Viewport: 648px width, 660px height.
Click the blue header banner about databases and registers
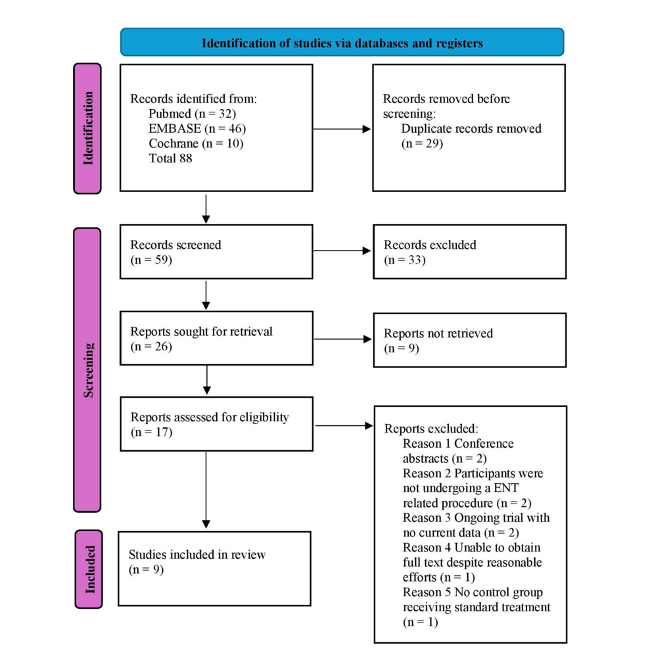tap(342, 42)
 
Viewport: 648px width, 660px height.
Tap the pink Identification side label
tap(87, 128)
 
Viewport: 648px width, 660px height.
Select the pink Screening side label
tap(87, 370)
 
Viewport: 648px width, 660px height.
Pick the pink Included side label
tap(89, 569)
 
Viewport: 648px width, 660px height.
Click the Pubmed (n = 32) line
tap(193, 114)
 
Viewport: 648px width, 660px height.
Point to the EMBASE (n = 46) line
tap(197, 128)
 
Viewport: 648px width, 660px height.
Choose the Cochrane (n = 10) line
tap(196, 143)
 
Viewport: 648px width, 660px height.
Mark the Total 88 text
tap(170, 158)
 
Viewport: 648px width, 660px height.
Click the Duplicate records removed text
tap(471, 128)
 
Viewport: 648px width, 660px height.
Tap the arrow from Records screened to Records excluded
tap(342, 251)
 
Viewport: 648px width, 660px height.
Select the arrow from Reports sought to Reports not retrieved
tap(343, 339)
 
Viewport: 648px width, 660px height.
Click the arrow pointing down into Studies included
tap(206, 490)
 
